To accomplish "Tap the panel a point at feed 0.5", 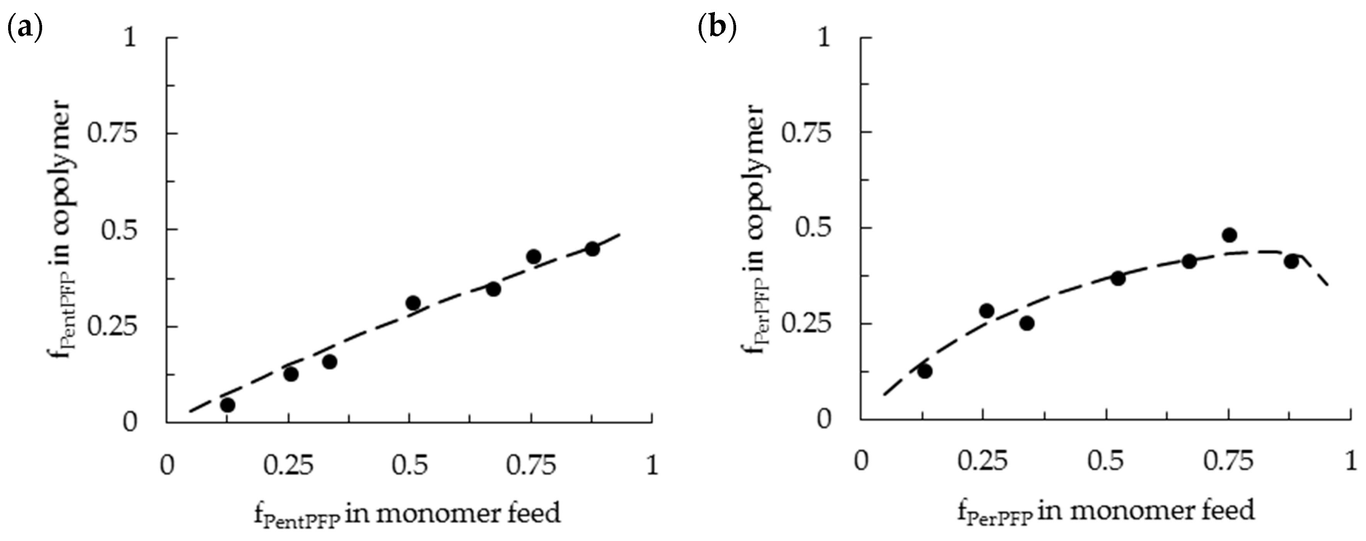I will [x=413, y=303].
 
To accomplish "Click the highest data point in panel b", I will [x=1230, y=235].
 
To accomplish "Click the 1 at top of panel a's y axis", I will [x=130, y=38].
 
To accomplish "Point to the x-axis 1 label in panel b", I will [x=1351, y=461].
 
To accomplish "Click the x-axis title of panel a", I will [x=407, y=514].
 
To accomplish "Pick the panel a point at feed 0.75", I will [x=534, y=256].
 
